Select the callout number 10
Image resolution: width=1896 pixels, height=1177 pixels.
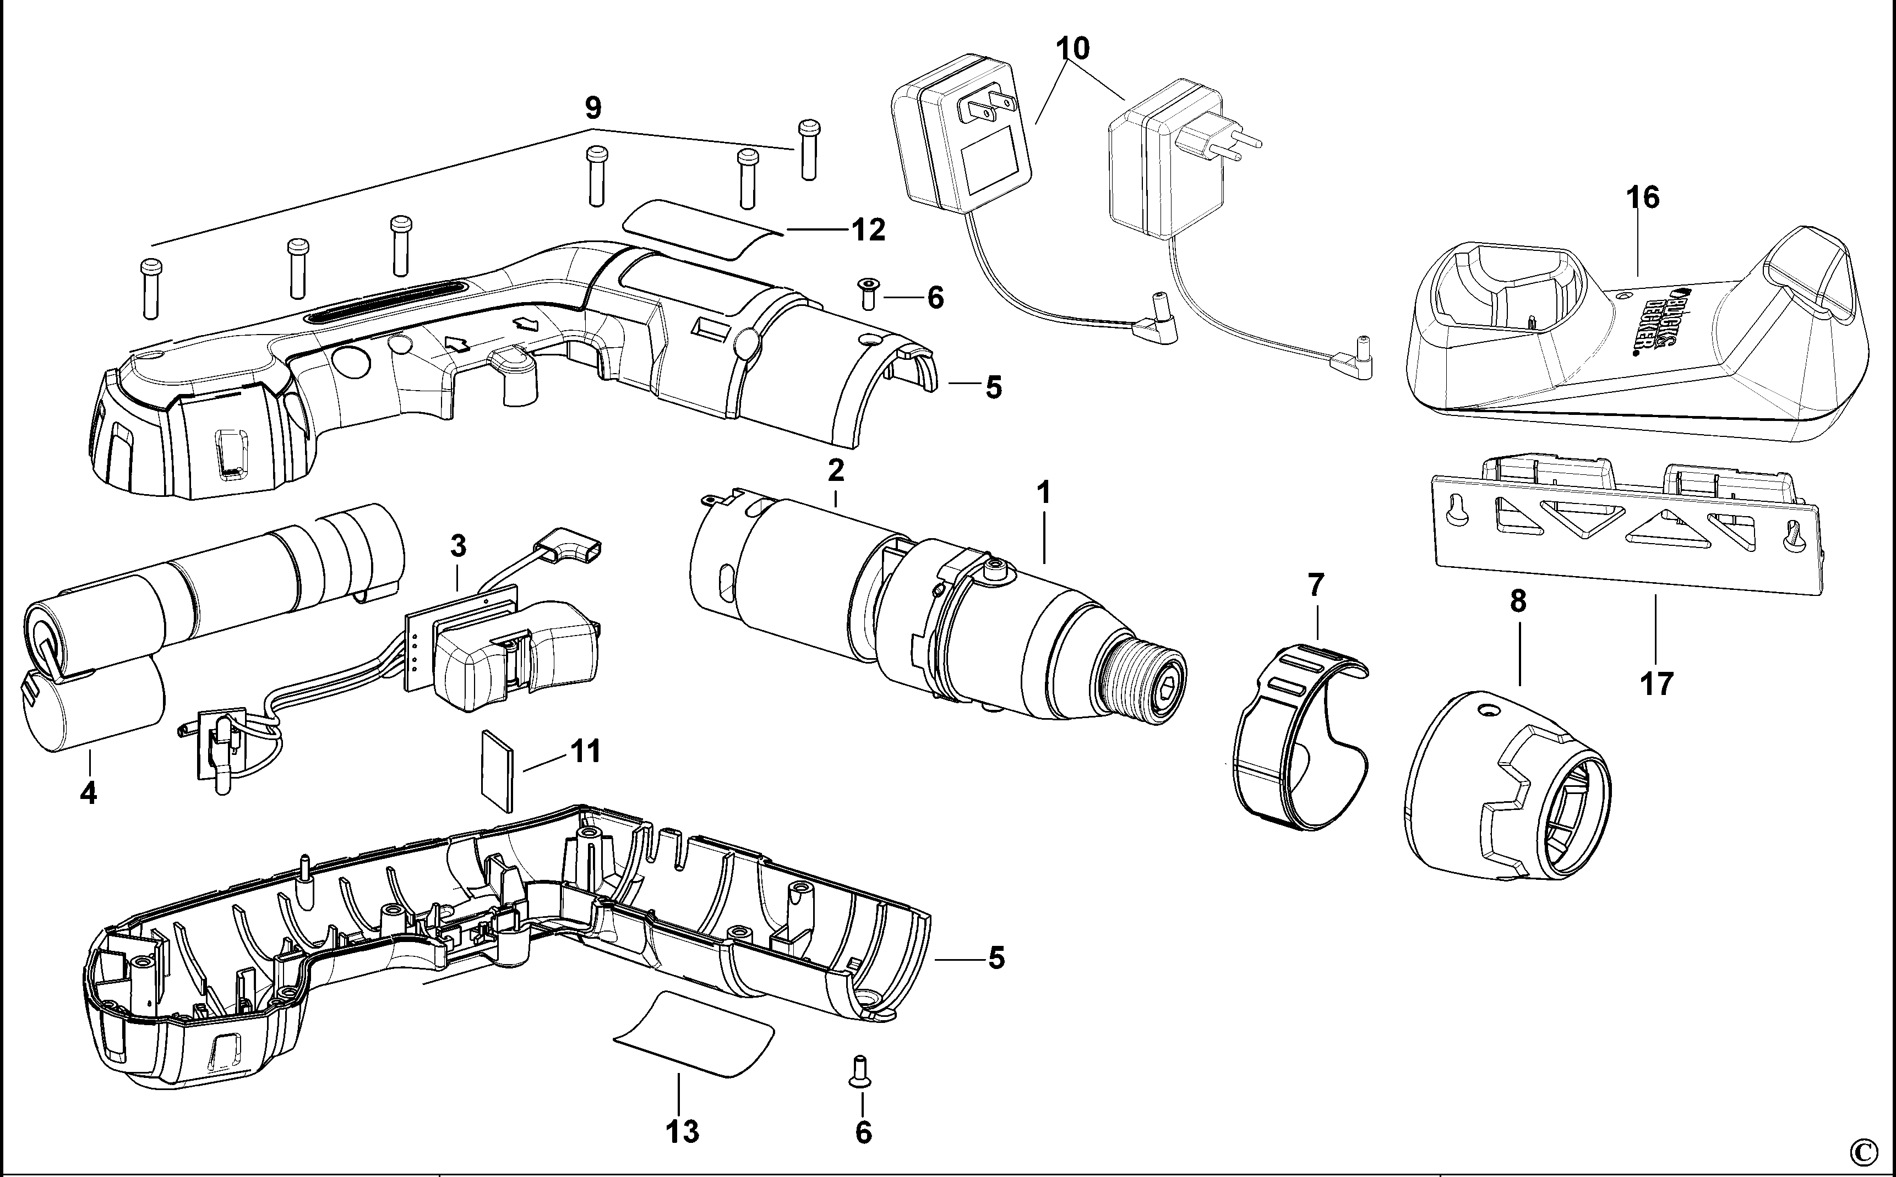click(x=1072, y=48)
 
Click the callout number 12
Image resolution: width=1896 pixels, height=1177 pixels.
click(x=868, y=231)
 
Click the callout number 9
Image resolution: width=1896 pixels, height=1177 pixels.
click(x=592, y=107)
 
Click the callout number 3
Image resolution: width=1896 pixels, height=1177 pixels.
click(x=459, y=546)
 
